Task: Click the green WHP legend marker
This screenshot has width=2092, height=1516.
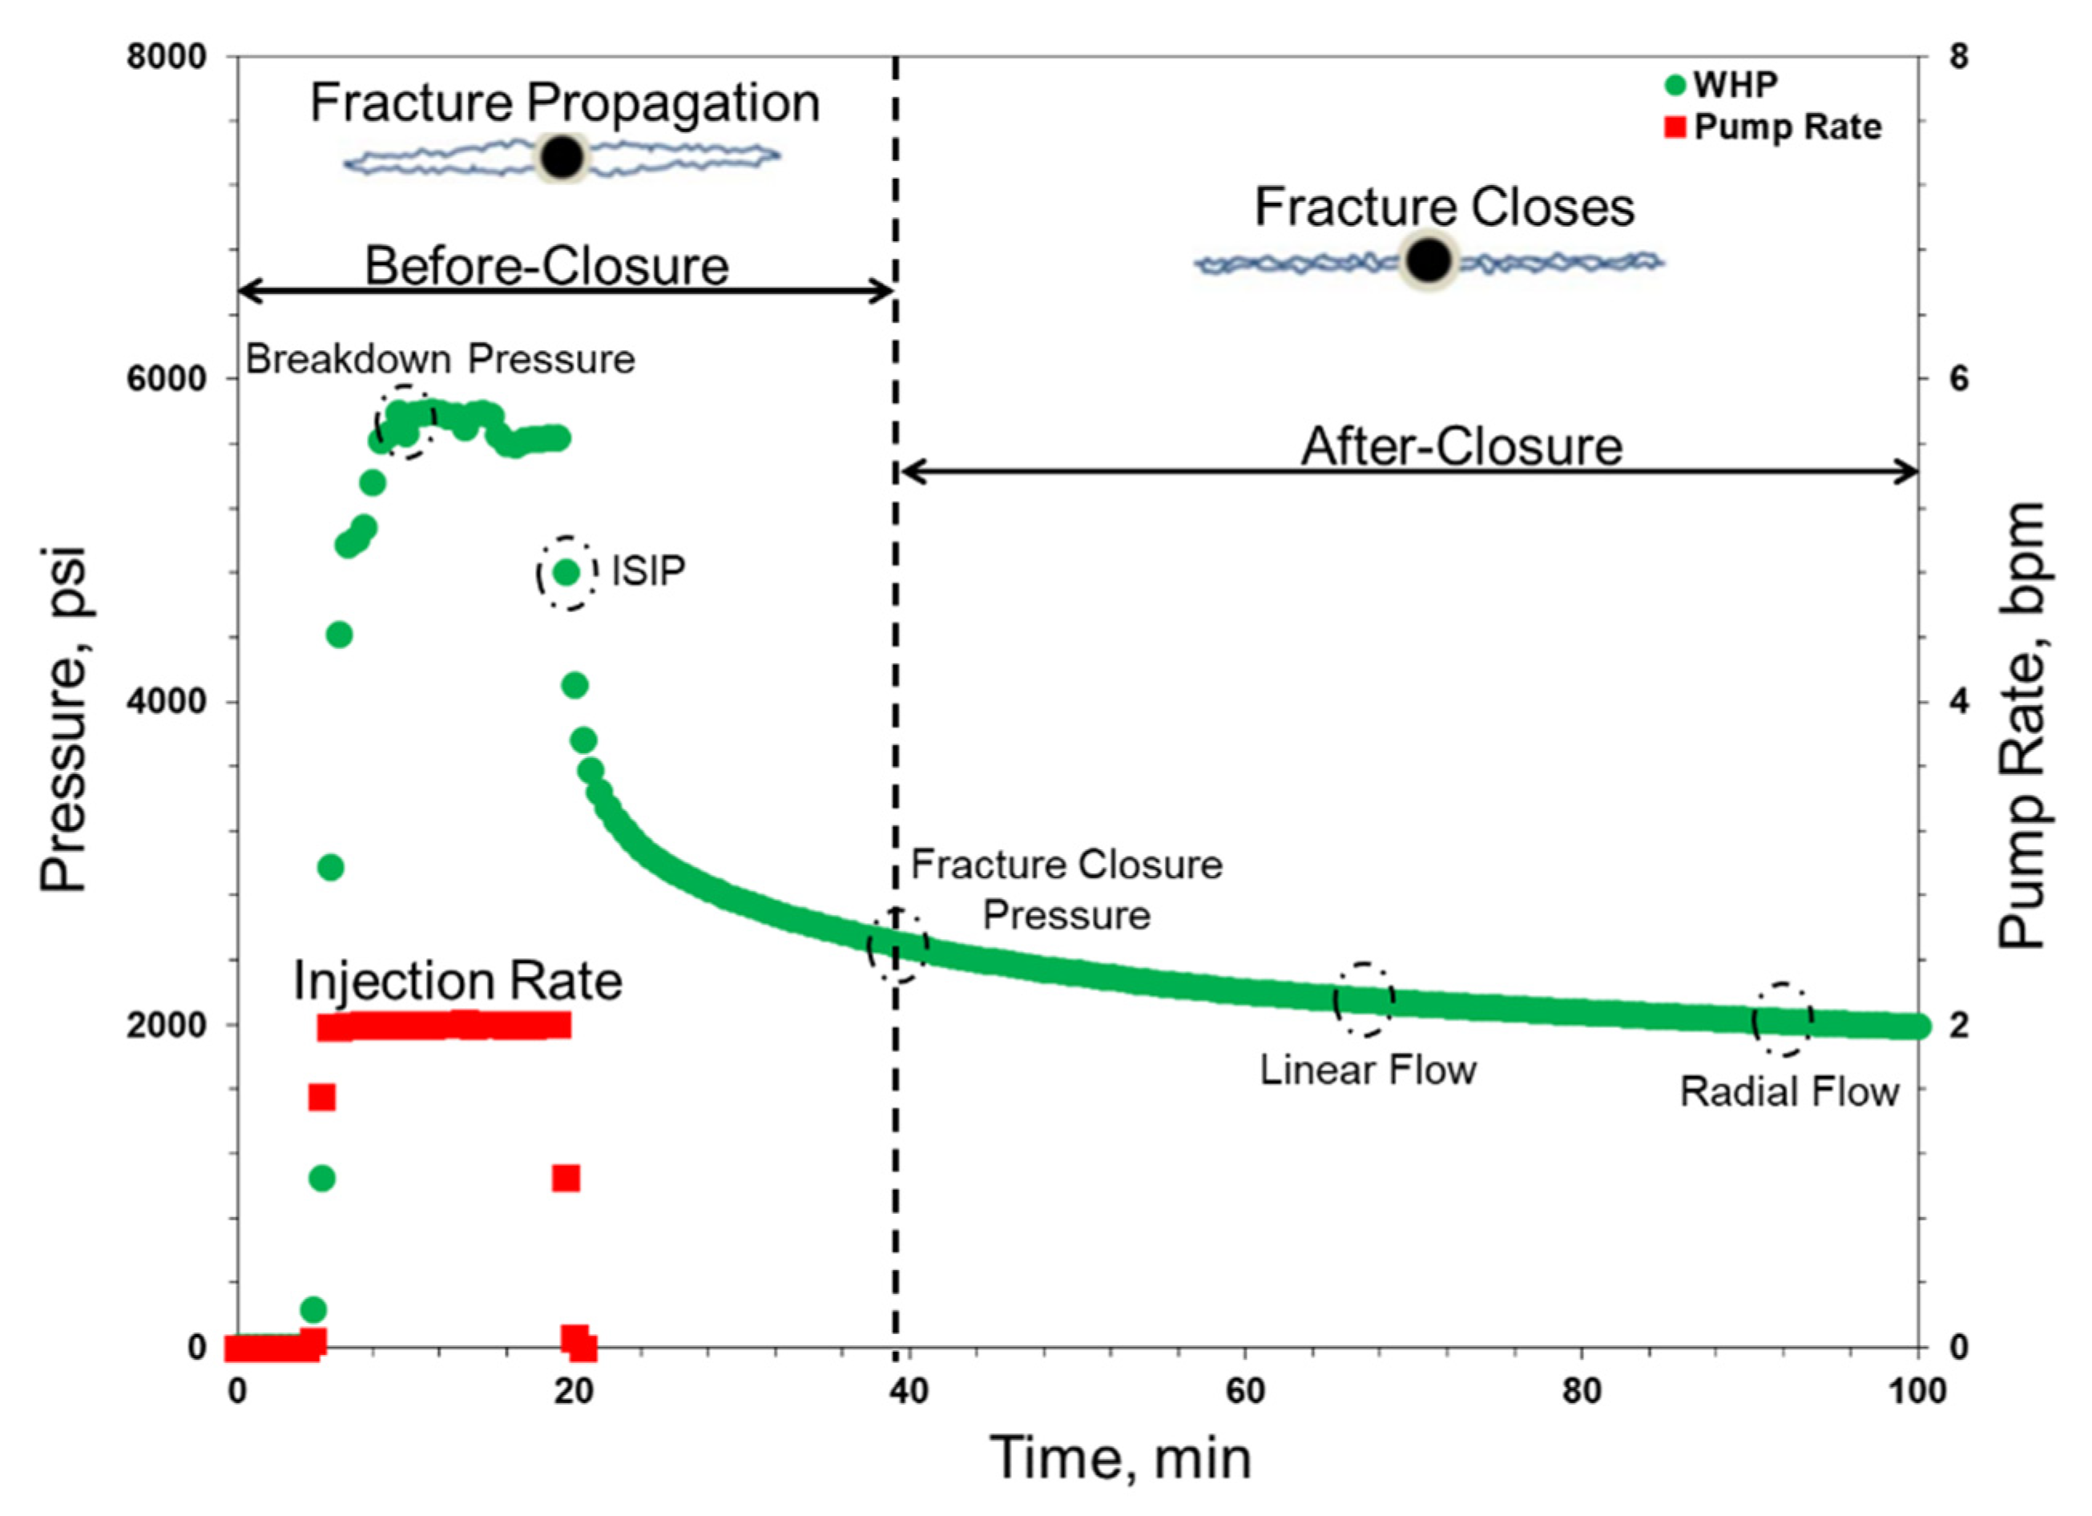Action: pyautogui.click(x=1675, y=86)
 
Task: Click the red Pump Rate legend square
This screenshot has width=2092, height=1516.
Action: pyautogui.click(x=1675, y=127)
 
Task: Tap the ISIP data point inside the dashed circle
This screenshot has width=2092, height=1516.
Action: pyautogui.click(x=566, y=573)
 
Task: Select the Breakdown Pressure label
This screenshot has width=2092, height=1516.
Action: pyautogui.click(x=440, y=359)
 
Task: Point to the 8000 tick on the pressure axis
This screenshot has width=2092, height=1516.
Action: pyautogui.click(x=167, y=56)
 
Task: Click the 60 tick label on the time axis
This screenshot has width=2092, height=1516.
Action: pyautogui.click(x=1245, y=1389)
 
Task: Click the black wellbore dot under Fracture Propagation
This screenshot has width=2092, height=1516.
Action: pyautogui.click(x=562, y=158)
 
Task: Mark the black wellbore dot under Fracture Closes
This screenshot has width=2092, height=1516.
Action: pyautogui.click(x=1428, y=261)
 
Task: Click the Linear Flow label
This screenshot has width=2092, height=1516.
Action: pyautogui.click(x=1368, y=1070)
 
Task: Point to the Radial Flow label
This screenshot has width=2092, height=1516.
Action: pyautogui.click(x=1788, y=1091)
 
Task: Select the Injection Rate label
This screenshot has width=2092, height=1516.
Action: pyautogui.click(x=457, y=981)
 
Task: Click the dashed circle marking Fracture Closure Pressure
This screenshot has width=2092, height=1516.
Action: pyautogui.click(x=897, y=945)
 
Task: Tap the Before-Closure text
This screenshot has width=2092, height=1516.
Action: pyautogui.click(x=547, y=266)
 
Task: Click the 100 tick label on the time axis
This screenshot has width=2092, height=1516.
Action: pyautogui.click(x=1917, y=1389)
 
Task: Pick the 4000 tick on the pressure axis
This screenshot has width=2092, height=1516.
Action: pyautogui.click(x=167, y=702)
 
